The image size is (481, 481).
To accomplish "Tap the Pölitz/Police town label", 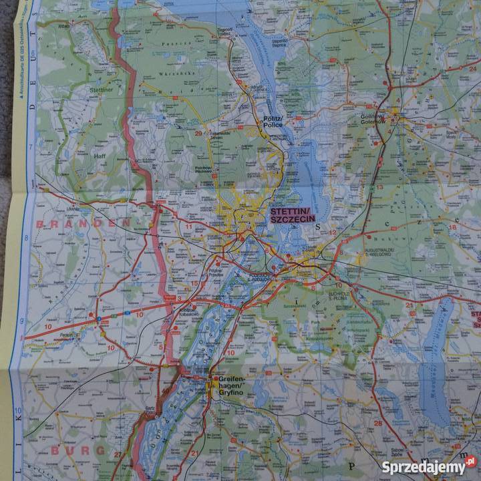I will coord(272,120).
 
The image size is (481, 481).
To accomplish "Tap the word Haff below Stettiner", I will coord(100,156).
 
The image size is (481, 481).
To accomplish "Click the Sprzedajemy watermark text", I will coord(424,466).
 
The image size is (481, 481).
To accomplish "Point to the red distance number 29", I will coord(198,133).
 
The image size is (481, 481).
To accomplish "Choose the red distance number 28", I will coord(378,423).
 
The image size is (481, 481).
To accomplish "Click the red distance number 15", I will coord(194,283).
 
